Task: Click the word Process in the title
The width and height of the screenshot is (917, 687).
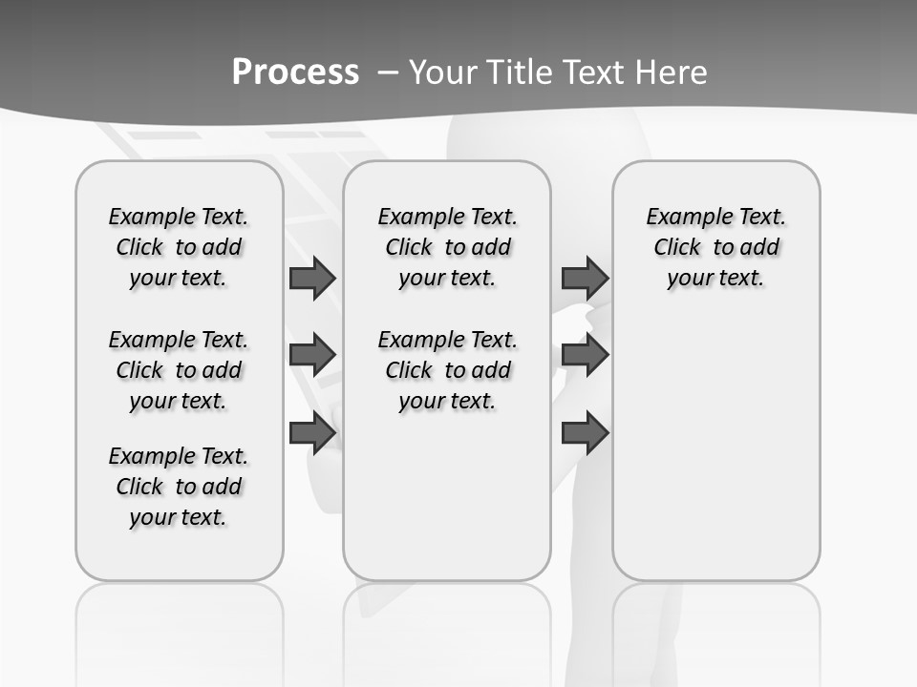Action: point(295,72)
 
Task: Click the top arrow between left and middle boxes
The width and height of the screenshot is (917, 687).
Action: point(312,278)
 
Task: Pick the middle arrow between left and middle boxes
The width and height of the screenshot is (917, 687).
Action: point(312,355)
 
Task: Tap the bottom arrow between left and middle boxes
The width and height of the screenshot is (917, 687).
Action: point(312,433)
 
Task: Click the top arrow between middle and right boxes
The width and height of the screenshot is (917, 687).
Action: point(585,278)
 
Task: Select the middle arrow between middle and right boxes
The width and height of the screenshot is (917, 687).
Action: point(585,355)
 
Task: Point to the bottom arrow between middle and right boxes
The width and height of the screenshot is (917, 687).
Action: point(585,433)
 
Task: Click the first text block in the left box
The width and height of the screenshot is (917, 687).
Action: point(179,247)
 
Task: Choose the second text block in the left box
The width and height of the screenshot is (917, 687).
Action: point(179,370)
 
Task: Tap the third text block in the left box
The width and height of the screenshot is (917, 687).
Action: point(179,487)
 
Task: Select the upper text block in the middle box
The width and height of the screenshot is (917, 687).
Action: point(447,247)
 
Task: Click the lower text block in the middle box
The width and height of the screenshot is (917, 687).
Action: point(447,370)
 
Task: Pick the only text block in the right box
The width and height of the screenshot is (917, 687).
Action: point(715,247)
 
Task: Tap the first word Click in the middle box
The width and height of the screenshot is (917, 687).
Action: point(409,248)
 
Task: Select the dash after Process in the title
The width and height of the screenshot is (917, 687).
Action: point(388,72)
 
